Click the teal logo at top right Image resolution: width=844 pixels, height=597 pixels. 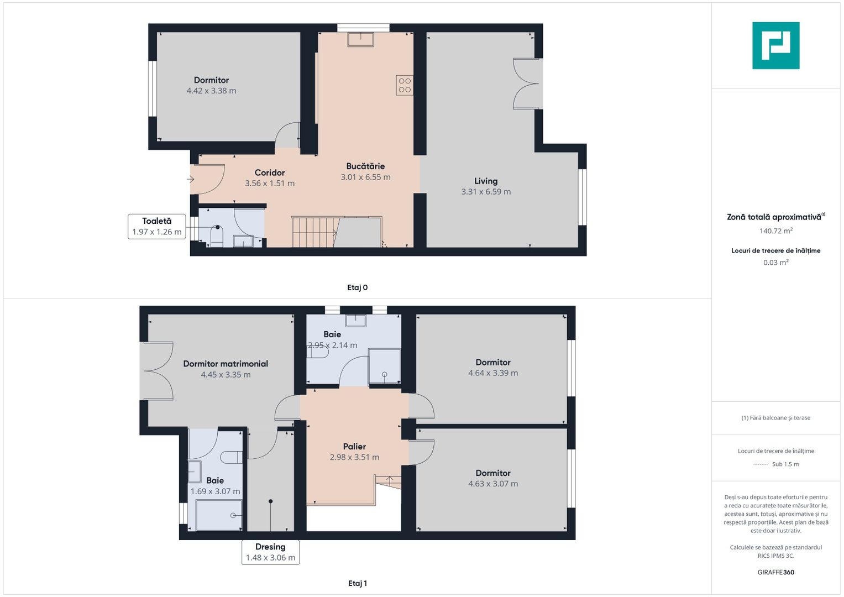pos(775,45)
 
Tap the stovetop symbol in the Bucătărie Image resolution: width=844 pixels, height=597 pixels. pos(405,85)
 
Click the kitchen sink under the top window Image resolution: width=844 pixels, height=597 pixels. pos(360,39)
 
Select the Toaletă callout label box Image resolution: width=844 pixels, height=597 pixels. pos(157,226)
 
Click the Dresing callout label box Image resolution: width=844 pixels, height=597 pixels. pos(270,552)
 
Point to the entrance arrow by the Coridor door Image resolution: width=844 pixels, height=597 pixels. pos(191,179)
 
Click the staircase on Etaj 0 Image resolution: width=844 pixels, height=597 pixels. pos(313,232)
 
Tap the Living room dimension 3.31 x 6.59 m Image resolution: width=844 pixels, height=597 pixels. pos(486,192)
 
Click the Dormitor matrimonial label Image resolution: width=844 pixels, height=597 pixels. pos(226,364)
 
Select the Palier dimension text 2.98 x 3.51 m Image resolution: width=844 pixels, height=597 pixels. pos(354,457)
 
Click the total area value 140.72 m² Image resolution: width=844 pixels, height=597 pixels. pos(775,231)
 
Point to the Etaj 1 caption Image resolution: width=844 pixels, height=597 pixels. pos(357,583)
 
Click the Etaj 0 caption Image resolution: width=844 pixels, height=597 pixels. pos(357,287)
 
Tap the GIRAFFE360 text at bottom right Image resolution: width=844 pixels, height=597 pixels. pos(775,572)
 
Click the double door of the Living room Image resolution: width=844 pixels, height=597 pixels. pos(526,84)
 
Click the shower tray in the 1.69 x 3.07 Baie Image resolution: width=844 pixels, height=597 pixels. pos(219,515)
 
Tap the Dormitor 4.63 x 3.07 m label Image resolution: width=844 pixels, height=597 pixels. pos(492,478)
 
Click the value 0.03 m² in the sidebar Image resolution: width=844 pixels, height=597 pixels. pos(775,263)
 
